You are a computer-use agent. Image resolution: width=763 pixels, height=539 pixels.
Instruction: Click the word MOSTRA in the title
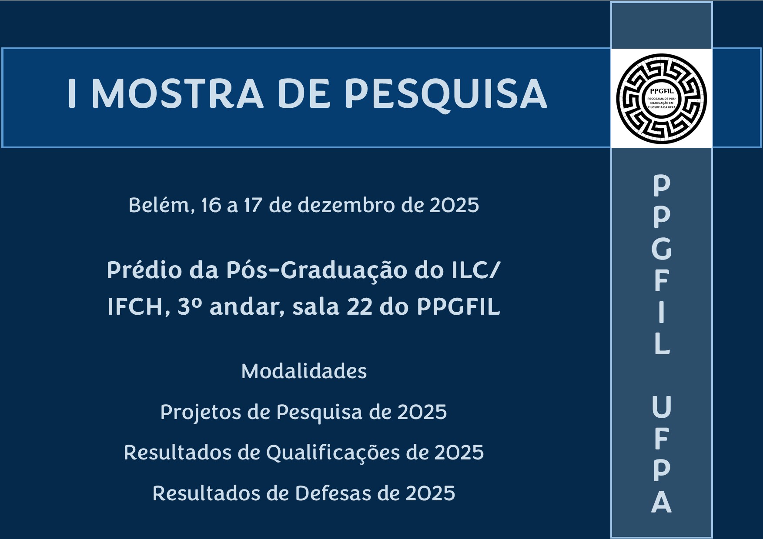(177, 94)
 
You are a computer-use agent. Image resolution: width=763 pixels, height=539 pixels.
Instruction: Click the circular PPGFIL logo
(661, 99)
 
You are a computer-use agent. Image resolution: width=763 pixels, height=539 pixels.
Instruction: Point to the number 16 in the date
(211, 206)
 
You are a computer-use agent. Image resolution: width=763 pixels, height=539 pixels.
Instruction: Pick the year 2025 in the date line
(454, 206)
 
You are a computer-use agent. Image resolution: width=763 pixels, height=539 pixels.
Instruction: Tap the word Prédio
(144, 270)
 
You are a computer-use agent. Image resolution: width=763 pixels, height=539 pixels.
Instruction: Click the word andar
(247, 307)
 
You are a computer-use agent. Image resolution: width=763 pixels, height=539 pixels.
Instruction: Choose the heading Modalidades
(304, 371)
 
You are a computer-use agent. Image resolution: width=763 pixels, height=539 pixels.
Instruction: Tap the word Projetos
(201, 413)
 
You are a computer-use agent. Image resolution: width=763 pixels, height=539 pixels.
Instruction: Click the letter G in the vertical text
(662, 249)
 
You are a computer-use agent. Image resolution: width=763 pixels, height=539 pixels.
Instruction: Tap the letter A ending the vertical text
(662, 502)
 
